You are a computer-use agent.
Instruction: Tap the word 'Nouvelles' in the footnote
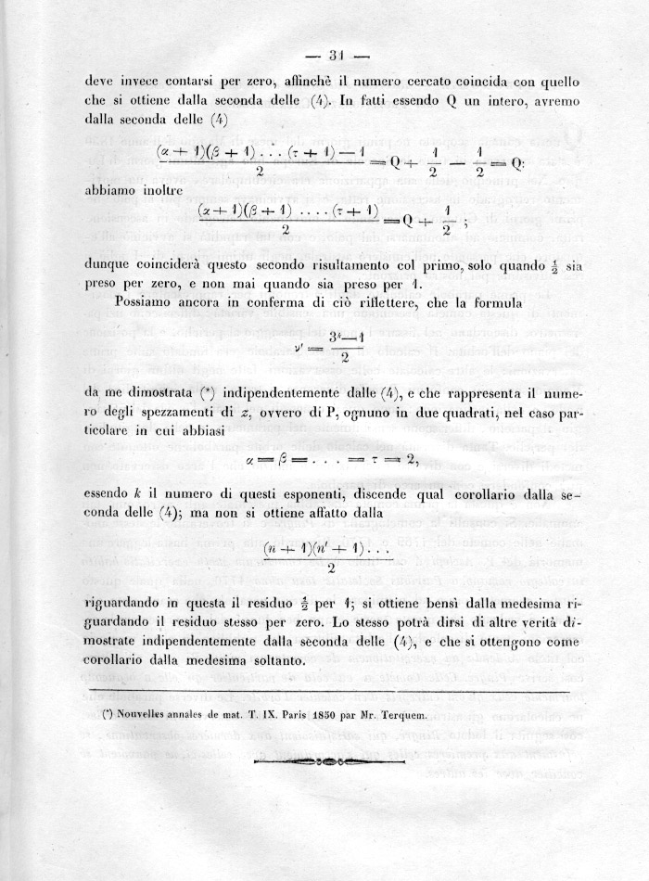click(x=142, y=715)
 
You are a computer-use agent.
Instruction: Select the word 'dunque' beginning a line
click(x=108, y=264)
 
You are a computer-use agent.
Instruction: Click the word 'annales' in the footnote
click(x=197, y=715)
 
